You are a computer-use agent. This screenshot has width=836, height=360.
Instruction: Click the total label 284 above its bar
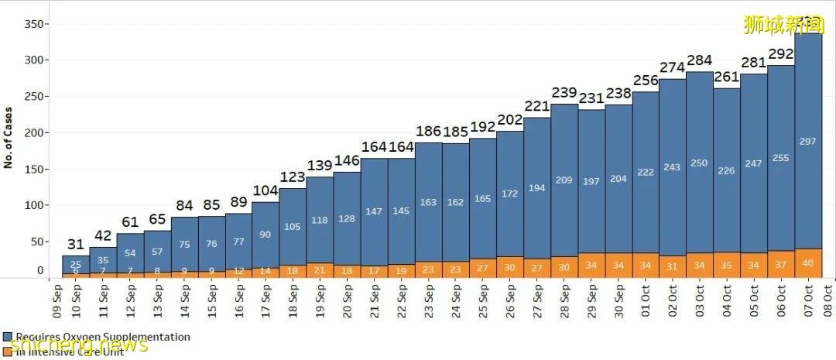click(x=699, y=61)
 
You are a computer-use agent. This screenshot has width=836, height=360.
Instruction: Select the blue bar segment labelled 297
click(x=808, y=141)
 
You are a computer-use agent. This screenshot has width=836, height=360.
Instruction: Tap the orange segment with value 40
click(x=808, y=263)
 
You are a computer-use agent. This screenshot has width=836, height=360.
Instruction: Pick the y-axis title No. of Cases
click(x=9, y=138)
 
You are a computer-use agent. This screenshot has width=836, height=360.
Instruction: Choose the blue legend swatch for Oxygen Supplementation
click(x=8, y=338)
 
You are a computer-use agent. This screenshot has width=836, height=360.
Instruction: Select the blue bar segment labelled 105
click(x=292, y=227)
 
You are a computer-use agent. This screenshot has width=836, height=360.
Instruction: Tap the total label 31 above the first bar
click(x=75, y=245)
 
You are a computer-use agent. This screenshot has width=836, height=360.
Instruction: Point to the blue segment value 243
click(x=672, y=167)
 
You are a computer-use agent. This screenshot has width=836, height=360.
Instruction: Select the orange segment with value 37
click(x=781, y=264)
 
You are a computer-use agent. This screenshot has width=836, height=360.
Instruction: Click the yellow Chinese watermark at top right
click(x=783, y=25)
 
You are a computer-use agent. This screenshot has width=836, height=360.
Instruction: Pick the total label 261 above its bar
click(x=726, y=77)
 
